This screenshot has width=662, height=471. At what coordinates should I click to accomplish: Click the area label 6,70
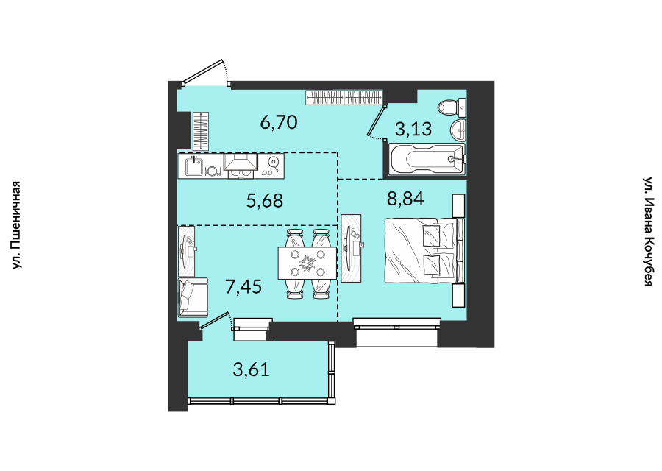279,122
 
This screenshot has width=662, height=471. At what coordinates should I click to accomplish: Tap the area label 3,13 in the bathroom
413,129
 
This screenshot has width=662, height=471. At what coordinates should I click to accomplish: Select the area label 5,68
265,201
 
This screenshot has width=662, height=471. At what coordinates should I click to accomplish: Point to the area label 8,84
405,198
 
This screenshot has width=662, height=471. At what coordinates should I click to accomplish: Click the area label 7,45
243,287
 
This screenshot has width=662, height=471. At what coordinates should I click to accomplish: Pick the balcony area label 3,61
252,369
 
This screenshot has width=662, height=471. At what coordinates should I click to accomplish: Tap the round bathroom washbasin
458,130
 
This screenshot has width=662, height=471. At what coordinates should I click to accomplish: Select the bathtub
427,160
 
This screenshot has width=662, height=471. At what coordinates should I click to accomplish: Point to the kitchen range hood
241,162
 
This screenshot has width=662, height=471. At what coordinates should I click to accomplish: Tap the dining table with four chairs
307,263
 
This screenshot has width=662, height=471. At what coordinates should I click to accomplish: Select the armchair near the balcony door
193,297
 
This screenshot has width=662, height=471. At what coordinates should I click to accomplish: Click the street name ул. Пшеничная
16,225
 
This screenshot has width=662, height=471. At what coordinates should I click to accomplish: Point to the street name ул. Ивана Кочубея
649,232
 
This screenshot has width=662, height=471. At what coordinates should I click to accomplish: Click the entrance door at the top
204,72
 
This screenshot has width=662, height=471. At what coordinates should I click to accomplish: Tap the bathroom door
377,121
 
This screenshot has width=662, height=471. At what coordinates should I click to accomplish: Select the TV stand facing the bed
352,249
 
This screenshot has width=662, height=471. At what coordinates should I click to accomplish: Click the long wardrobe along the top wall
344,97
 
